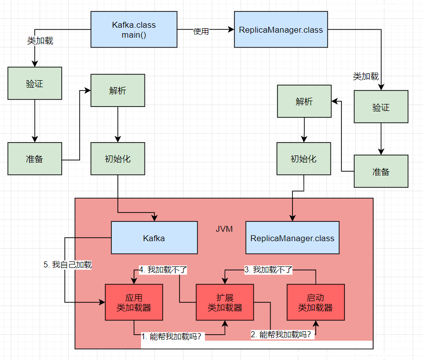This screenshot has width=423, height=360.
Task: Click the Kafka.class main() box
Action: point(134,29)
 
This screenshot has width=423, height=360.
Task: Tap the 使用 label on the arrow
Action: point(201,31)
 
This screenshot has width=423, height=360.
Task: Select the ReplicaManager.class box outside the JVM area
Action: point(281,29)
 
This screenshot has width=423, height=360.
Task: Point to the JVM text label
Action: point(224,229)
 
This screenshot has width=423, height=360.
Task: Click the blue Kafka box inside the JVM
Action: point(154,238)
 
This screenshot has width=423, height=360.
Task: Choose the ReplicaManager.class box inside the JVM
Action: point(292,238)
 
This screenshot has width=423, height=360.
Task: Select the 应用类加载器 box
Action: point(134,302)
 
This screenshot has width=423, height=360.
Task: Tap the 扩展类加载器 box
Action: point(225,302)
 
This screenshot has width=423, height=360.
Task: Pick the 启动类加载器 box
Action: point(316,302)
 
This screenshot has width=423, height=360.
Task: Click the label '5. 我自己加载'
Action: point(68,264)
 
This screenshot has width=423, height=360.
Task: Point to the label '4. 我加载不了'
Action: point(163,269)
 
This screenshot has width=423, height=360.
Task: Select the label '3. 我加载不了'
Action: point(268,269)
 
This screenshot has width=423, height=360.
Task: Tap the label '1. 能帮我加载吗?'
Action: point(172,337)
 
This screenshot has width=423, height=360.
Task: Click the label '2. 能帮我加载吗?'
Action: point(281,335)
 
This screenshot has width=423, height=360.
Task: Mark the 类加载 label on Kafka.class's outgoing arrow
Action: point(40,41)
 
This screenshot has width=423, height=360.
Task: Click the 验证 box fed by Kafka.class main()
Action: point(35,83)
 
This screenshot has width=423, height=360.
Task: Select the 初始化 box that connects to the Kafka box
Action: point(118,158)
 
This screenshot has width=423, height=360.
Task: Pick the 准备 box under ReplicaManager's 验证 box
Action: point(381,171)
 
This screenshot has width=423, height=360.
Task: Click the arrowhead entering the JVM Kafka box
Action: point(154,218)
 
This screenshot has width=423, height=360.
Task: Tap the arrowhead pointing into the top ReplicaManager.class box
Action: point(231,29)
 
